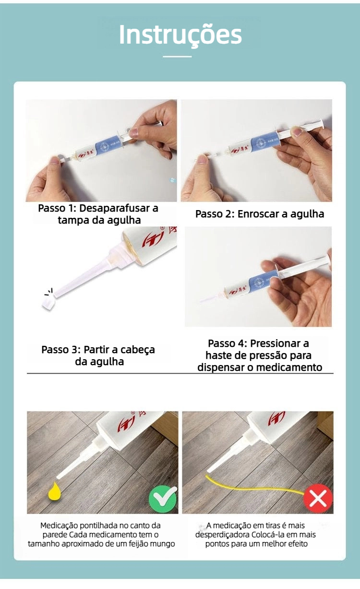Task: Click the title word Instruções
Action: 180,35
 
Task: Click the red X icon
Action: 318,498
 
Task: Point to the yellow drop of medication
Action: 54,491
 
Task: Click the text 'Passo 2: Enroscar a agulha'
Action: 260,214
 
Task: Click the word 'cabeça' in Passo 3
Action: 138,350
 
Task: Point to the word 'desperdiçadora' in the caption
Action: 222,535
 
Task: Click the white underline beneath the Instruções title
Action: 177,57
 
